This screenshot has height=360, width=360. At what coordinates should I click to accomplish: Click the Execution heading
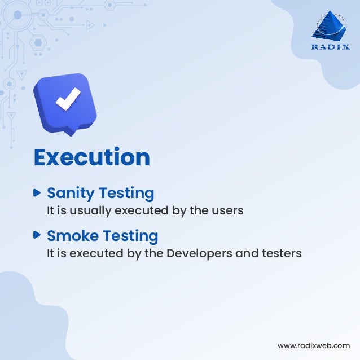91,157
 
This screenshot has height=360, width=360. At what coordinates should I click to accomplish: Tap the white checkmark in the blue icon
67,100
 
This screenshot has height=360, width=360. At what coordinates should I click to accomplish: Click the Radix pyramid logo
331,28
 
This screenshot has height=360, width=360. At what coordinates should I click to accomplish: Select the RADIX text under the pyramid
331,47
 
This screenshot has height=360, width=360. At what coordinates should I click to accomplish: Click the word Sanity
71,194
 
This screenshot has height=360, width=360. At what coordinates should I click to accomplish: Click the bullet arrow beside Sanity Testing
37,192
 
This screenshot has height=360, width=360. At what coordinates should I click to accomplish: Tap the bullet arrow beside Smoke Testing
37,234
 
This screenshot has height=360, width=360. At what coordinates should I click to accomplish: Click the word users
229,210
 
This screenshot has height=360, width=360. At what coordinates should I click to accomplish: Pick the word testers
281,253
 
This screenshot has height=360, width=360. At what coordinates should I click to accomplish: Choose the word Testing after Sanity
127,194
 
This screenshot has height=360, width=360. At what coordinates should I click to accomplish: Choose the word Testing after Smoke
130,235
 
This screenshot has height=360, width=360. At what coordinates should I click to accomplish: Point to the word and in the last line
247,253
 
